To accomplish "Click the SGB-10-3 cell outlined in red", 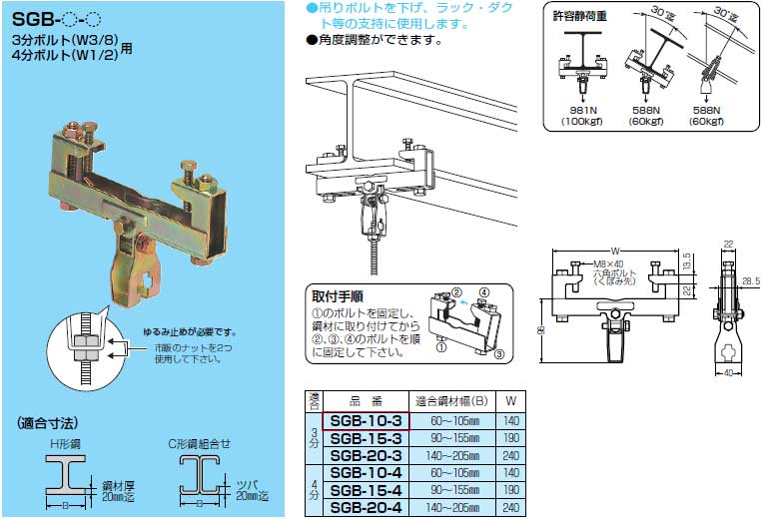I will (366, 423).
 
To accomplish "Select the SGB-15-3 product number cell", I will (366, 439).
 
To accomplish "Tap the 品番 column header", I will (366, 395).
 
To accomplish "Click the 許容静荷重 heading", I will (580, 17).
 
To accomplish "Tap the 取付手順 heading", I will (337, 295).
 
